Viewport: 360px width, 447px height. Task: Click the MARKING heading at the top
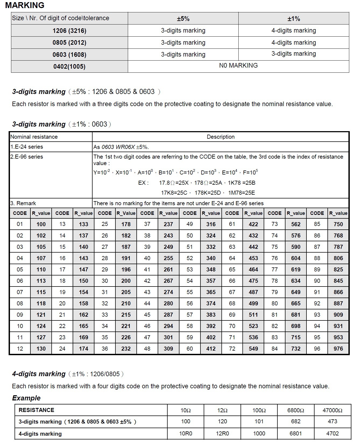coord(25,5)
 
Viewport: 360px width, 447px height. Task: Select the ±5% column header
coord(183,19)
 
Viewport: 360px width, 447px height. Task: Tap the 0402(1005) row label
coord(69,67)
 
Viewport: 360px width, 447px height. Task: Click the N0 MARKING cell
coord(238,65)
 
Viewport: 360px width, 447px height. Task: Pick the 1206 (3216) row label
coord(69,31)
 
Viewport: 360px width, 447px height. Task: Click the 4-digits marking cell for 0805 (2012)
coord(294,43)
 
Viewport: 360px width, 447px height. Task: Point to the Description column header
coord(221,137)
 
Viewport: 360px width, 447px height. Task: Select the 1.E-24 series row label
coord(27,147)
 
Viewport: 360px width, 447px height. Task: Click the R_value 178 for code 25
coord(126,224)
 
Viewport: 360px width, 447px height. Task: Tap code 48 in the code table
coord(147,349)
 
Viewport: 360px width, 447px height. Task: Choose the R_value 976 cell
coord(338,349)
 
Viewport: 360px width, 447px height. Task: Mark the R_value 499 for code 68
coord(253,303)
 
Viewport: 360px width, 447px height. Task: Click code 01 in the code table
coord(20,224)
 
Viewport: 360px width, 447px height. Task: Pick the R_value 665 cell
coord(296,303)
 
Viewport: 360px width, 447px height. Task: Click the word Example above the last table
coord(26,398)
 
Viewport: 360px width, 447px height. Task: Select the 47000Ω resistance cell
coord(332,410)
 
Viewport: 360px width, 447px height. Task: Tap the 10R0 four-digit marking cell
coord(186,434)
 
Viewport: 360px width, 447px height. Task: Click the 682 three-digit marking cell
coord(296,421)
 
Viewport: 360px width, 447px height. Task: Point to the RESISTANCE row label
coord(36,410)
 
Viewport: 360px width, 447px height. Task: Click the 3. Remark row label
coord(23,203)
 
